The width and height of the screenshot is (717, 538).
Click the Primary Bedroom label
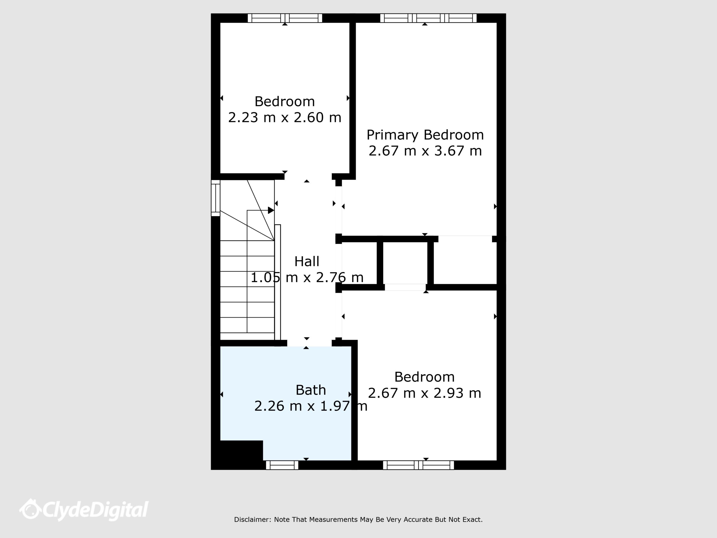point(425,135)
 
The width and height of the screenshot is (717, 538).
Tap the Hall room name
point(307,261)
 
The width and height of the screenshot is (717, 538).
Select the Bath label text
point(311,390)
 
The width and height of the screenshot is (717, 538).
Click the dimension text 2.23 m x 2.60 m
point(285,117)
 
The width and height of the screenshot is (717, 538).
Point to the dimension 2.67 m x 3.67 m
point(425,151)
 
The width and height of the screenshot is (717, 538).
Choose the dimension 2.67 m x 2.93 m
point(424,393)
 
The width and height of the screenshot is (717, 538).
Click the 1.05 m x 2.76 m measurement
point(307,278)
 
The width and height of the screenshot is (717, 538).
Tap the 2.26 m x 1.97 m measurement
point(311,406)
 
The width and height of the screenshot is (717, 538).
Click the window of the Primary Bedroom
point(428,18)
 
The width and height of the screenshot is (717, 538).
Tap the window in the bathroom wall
point(282,465)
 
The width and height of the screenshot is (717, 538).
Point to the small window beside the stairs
point(216,198)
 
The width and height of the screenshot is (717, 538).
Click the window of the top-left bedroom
point(285,18)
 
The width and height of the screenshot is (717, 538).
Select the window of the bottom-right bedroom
point(418,465)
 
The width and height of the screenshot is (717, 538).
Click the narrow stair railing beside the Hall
point(278,282)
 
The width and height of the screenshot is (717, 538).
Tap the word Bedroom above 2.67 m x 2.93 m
point(424,377)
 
